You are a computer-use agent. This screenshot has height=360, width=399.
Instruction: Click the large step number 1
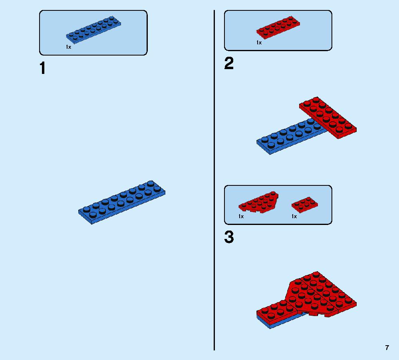[43, 68]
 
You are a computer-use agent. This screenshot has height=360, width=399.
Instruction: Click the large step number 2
[229, 64]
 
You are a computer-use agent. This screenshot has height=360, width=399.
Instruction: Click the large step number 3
[229, 237]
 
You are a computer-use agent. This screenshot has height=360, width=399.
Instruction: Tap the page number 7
[387, 348]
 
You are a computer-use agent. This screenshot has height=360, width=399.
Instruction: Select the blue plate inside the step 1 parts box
[93, 30]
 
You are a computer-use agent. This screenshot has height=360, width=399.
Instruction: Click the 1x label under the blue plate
[68, 47]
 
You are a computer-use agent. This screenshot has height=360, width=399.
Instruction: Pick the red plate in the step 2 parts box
[278, 28]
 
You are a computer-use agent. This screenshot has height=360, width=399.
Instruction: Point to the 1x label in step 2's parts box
[259, 43]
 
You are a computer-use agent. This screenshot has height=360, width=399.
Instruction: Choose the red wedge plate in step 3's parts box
[258, 202]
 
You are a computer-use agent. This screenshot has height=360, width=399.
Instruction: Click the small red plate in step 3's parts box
[305, 205]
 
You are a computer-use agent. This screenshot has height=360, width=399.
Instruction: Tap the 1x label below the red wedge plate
[241, 217]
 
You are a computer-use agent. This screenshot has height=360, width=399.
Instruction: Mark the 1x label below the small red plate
[294, 217]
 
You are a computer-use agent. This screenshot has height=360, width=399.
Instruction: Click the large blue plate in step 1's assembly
[122, 203]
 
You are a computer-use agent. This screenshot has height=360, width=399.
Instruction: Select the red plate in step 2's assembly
[328, 117]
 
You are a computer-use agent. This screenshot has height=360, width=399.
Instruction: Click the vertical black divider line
[214, 180]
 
